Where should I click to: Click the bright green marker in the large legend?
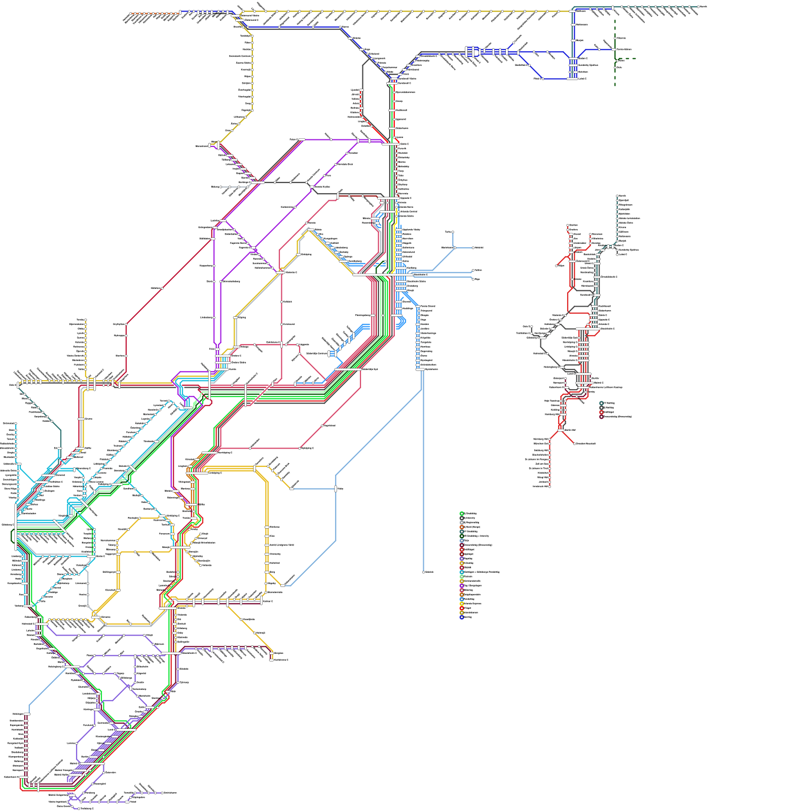click(462, 513)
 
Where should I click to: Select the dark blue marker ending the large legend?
click(462, 617)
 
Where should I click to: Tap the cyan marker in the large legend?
click(462, 572)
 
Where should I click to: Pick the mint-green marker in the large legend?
click(462, 577)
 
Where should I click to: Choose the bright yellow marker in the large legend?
click(462, 604)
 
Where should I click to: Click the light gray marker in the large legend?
click(462, 523)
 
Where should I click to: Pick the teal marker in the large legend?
click(462, 532)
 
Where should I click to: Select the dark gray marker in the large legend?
click(462, 518)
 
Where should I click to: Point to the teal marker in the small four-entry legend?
click(602, 403)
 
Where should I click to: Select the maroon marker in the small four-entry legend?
click(602, 417)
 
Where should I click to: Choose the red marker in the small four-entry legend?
click(602, 412)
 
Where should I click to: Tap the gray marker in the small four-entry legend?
click(602, 408)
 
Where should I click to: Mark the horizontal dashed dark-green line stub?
click(629, 59)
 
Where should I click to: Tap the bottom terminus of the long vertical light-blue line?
click(424, 572)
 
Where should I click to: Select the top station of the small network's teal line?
click(617, 196)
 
